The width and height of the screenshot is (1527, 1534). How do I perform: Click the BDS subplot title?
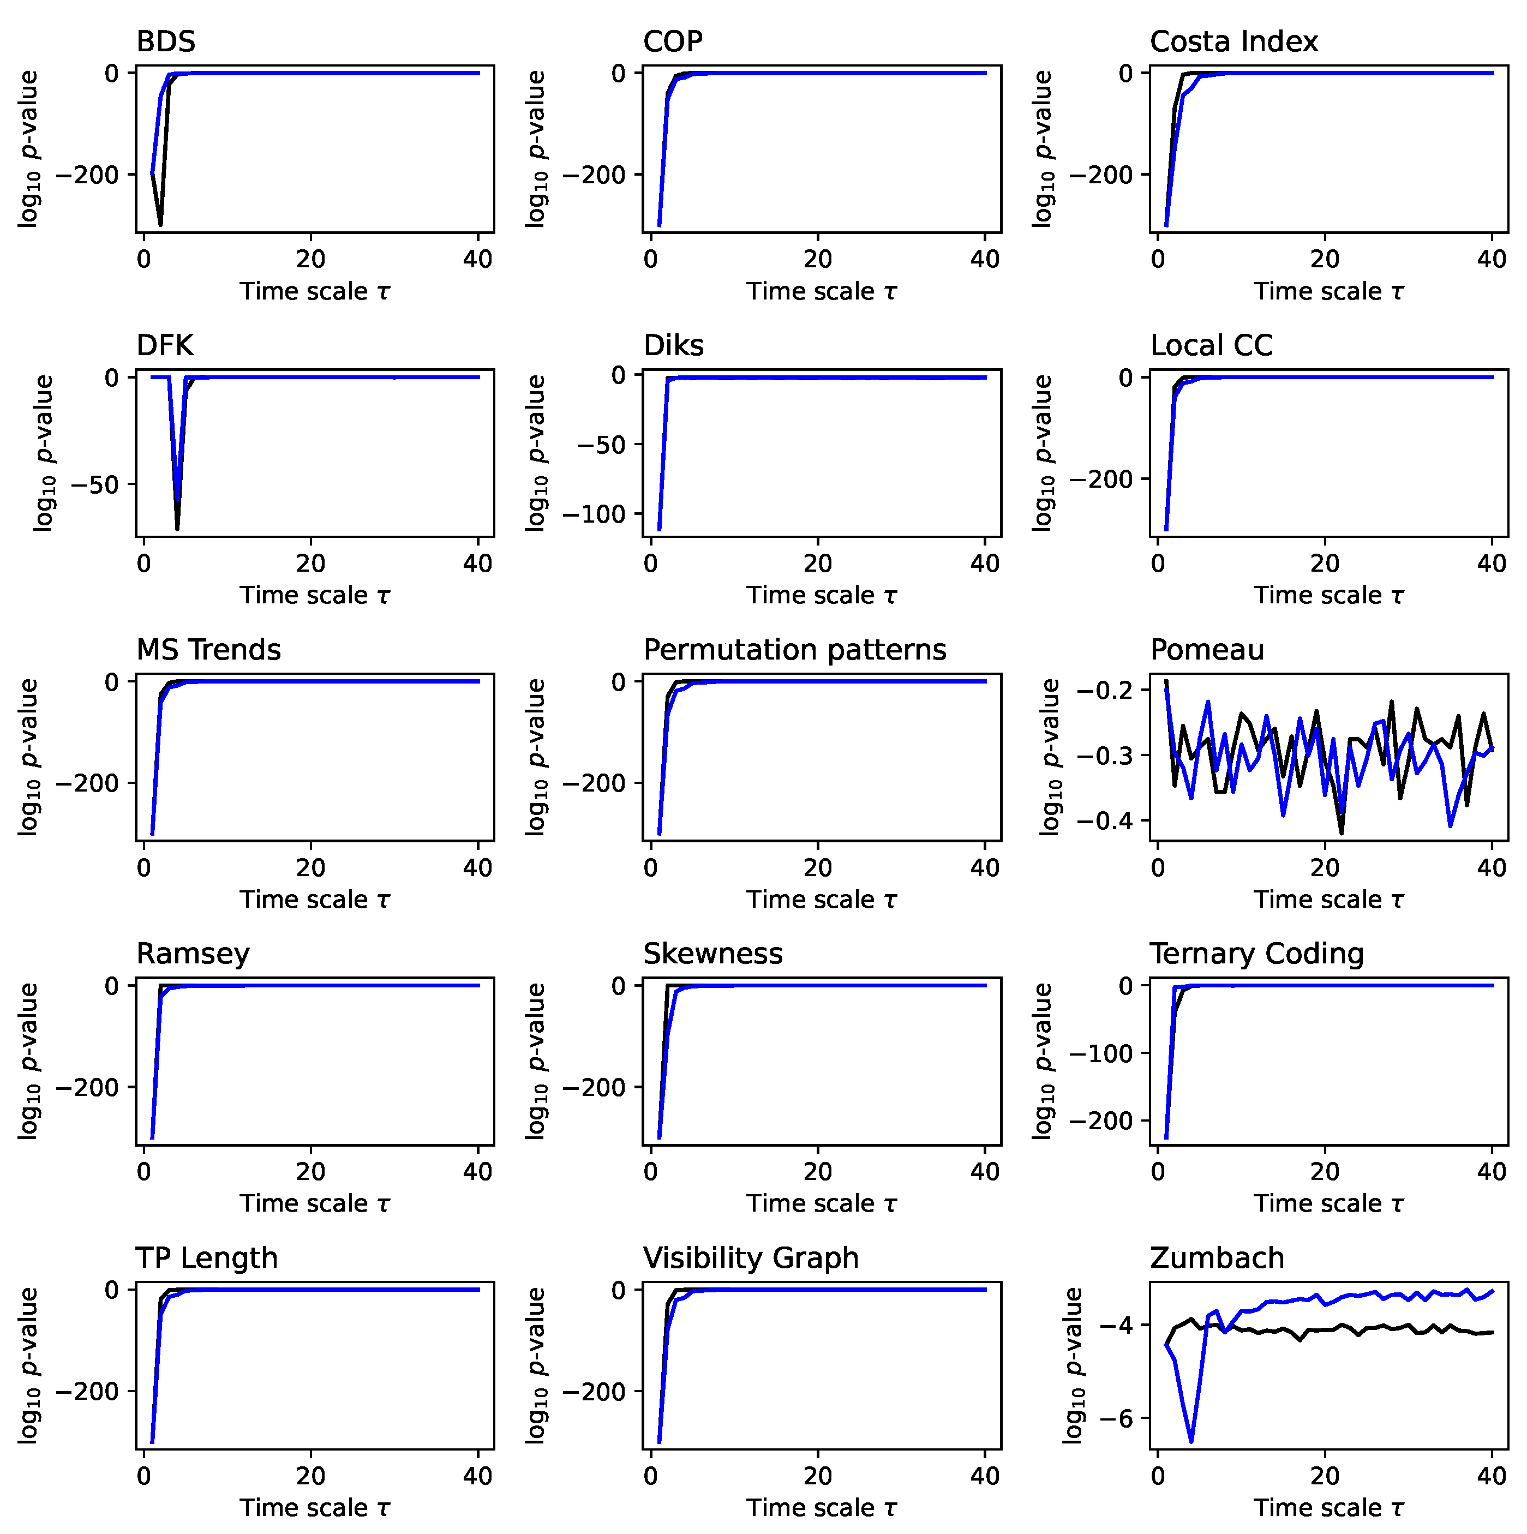tap(165, 41)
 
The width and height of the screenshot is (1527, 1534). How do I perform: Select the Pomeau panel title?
tap(1206, 650)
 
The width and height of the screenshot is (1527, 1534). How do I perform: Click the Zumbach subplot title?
tap(1217, 1259)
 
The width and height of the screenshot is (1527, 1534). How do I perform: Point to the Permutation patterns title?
tap(794, 650)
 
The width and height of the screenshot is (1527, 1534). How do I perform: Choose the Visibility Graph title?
tap(750, 1259)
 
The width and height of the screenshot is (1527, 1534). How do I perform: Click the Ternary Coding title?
tap(1256, 954)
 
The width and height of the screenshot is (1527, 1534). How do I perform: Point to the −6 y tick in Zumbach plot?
tap(1116, 1419)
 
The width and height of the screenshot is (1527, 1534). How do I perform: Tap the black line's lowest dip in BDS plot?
tap(160, 225)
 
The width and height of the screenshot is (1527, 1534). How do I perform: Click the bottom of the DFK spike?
tap(177, 529)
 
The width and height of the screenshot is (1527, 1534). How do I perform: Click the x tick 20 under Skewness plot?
tap(817, 1172)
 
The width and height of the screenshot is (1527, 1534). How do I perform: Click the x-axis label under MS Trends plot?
tap(314, 900)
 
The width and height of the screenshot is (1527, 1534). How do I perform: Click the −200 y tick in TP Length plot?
tap(87, 1392)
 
